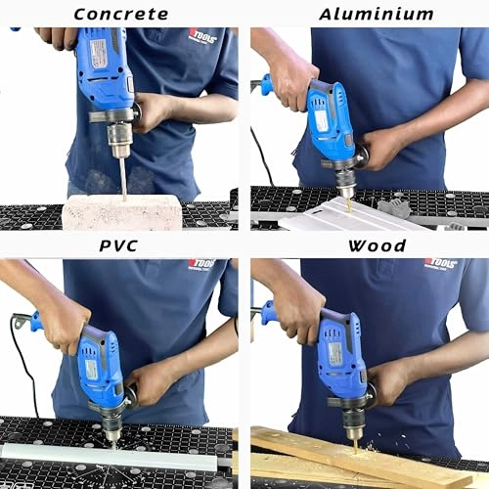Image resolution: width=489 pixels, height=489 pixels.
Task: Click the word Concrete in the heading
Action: (x=121, y=14)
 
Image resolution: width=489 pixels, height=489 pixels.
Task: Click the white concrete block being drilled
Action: (x=122, y=211)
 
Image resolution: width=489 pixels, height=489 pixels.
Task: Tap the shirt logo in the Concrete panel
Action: (x=202, y=36)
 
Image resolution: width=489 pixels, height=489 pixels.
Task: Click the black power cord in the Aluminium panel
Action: (x=262, y=156)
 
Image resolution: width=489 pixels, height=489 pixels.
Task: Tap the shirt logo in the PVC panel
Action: (x=201, y=265)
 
